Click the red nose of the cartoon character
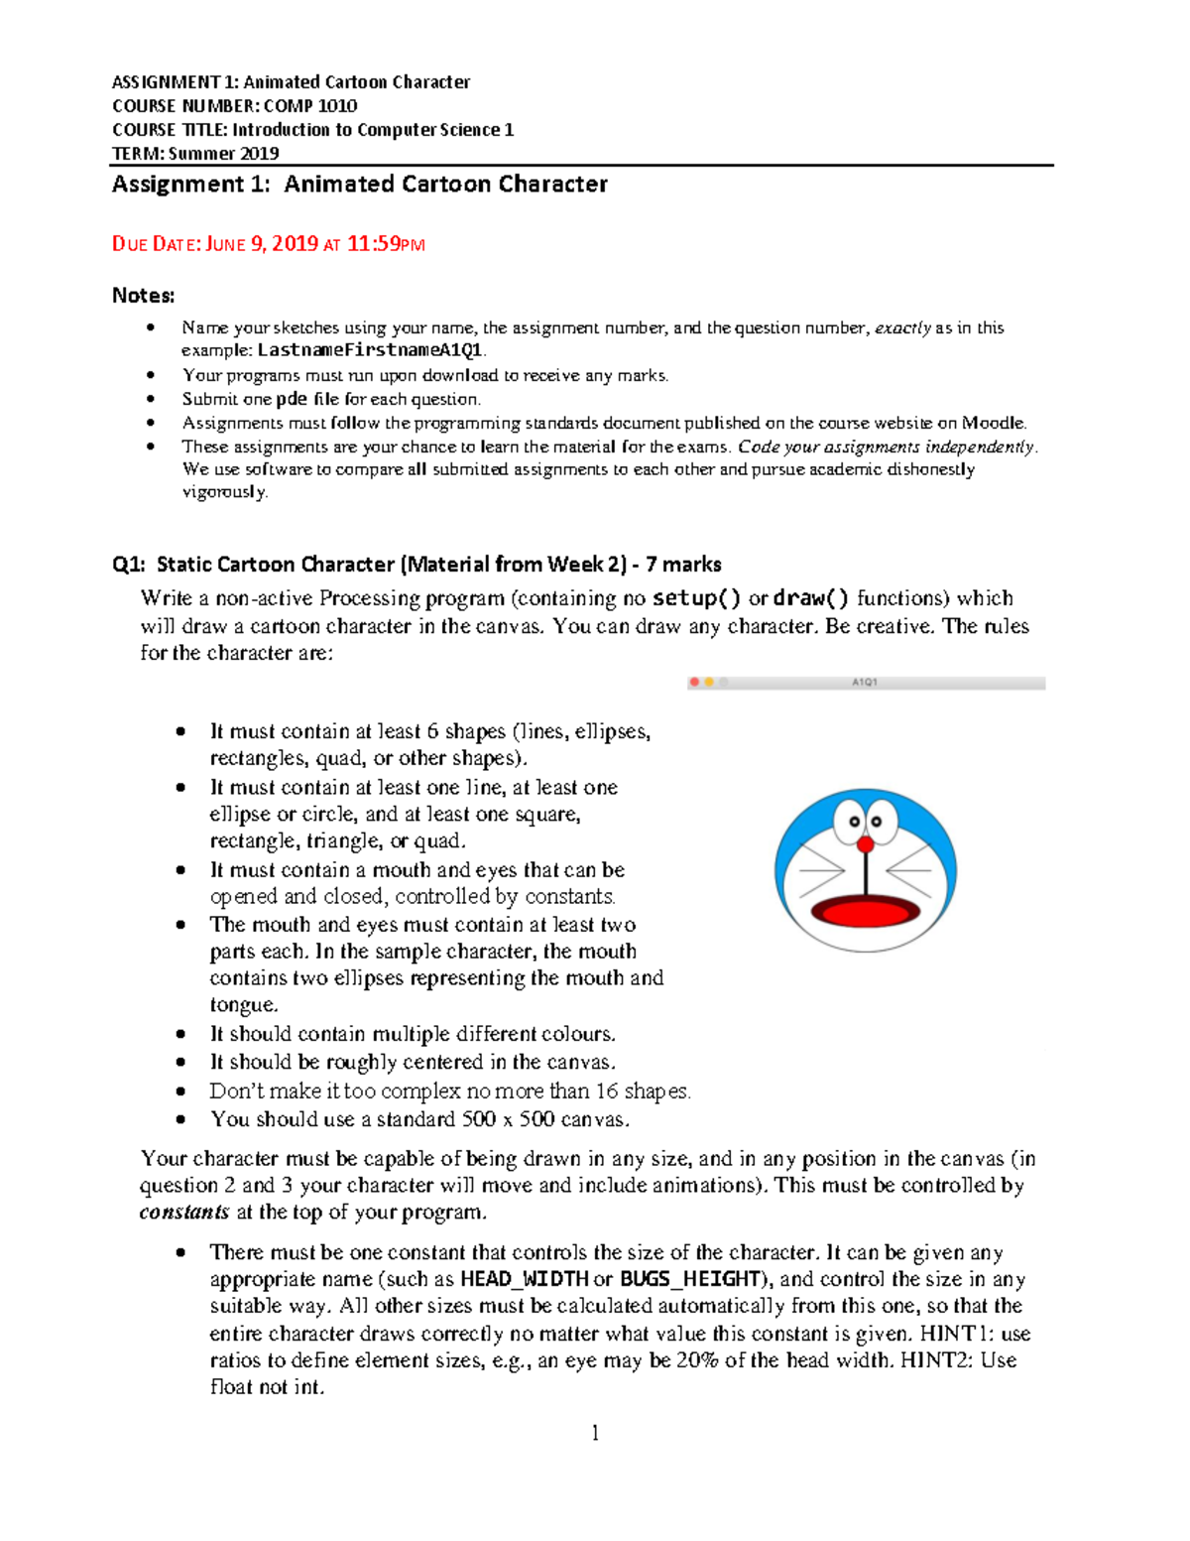(866, 844)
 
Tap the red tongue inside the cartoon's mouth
(865, 910)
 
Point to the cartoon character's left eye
(853, 822)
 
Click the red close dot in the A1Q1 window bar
(695, 683)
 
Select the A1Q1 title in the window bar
(865, 683)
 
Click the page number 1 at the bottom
(595, 1432)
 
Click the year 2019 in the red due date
(294, 244)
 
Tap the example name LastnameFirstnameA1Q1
(369, 350)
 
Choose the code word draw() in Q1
(811, 598)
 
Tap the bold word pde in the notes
(292, 399)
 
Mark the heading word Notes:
(144, 296)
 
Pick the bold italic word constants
(184, 1213)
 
